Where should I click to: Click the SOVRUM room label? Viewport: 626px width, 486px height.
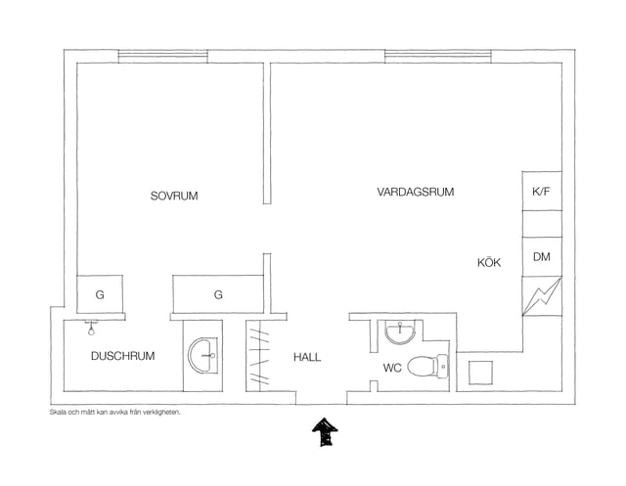coord(174,196)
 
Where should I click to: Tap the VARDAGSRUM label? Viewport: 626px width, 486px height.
coord(415,192)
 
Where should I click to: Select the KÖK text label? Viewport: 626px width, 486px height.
coord(489,262)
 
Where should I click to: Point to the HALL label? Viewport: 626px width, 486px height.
coord(307,357)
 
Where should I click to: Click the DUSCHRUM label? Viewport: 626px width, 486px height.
coord(123,356)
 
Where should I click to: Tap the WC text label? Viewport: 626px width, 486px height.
coord(392,368)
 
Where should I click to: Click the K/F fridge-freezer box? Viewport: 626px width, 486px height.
coord(542,191)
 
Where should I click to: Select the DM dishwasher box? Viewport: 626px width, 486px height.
coord(542,257)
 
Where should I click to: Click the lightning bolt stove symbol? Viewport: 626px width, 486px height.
coord(542,296)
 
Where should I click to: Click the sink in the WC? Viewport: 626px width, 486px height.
coord(400,331)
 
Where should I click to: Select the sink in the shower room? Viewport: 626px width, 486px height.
coord(202,356)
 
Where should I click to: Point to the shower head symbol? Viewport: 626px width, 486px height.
coord(91,328)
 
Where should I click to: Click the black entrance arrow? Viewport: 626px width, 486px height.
coord(325,432)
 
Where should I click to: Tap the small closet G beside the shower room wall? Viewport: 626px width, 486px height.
coord(100,294)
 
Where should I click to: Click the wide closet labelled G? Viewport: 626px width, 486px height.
coord(218,294)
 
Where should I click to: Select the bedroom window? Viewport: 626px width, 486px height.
coord(163,57)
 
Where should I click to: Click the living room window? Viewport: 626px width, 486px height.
coord(438,57)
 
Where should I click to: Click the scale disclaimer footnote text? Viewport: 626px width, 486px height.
coord(115,413)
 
